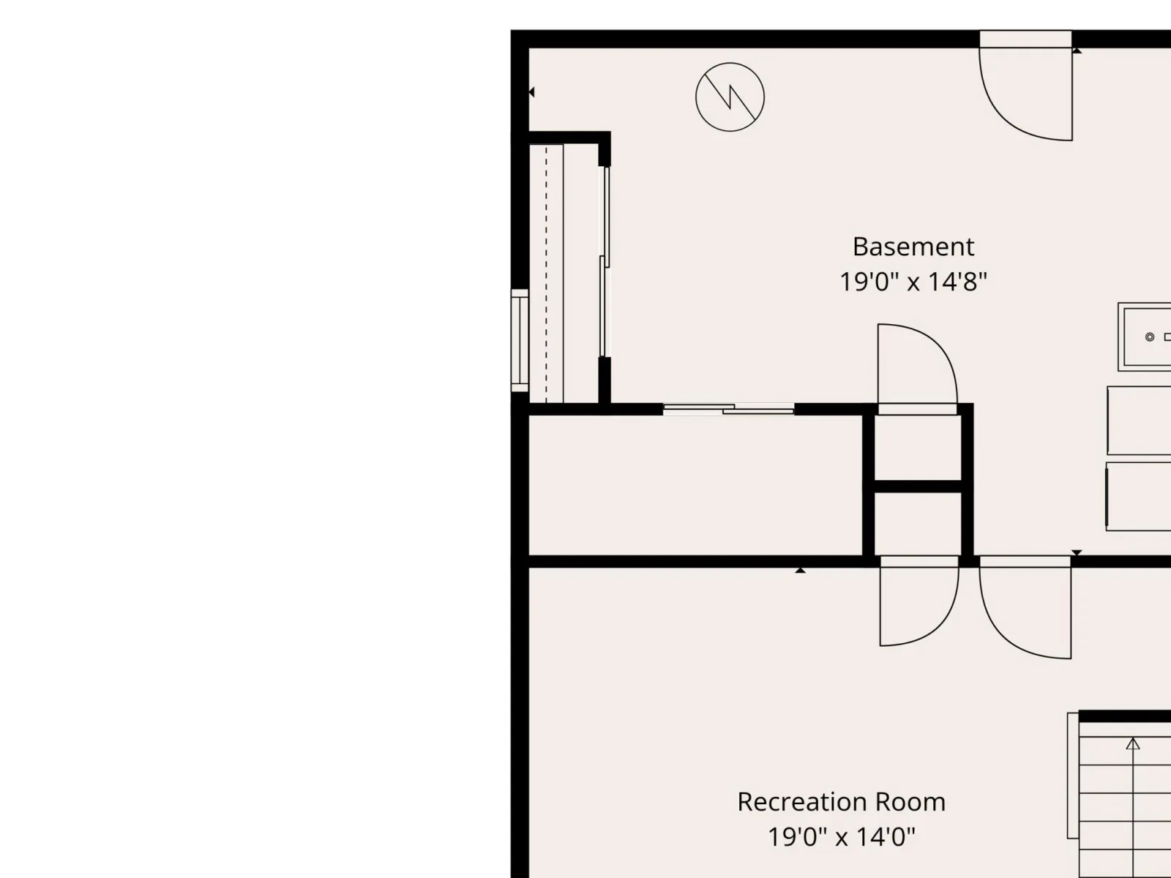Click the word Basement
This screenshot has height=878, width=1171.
pos(913,247)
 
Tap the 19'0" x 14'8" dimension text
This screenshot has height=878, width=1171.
pos(913,282)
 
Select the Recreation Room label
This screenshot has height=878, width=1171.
pos(842,803)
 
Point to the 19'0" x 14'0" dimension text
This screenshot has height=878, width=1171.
pos(842,837)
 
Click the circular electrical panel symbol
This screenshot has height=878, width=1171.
pos(730,97)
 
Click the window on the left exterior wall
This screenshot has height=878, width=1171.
pos(520,341)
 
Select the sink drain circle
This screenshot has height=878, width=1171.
pos(1150,337)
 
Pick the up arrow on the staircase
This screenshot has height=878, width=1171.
pos(1133,743)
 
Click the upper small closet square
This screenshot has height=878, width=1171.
pos(918,448)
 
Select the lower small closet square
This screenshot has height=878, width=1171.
pos(918,523)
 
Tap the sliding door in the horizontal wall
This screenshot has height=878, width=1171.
pos(728,409)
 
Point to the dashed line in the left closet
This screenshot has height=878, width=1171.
pos(546,274)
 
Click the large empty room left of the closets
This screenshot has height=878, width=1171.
pos(695,485)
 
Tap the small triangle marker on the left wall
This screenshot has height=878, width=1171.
pos(531,92)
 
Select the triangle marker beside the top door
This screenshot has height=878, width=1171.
pos(1077,50)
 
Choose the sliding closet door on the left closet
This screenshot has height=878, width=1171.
pos(605,262)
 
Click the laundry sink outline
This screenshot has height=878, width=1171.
pos(1145,337)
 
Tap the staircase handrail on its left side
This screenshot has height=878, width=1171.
pos(1073,775)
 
